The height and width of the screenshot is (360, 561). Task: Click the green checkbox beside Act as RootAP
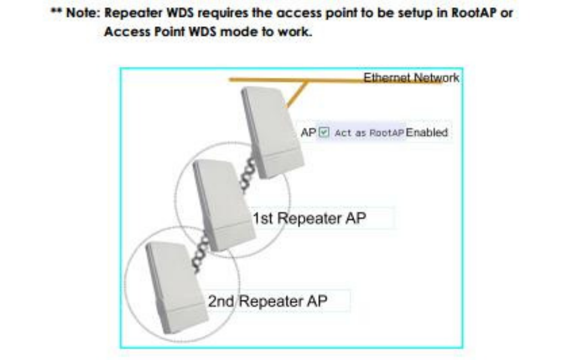coord(324,133)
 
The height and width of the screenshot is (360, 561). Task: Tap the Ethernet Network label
coord(411,78)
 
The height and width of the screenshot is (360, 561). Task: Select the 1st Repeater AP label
coord(309,219)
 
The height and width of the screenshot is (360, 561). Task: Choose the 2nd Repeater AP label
coord(267,301)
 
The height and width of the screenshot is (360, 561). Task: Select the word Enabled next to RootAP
coord(426,133)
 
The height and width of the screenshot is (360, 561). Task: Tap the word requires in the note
coord(219,13)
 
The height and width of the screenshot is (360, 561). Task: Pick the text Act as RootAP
coord(370,133)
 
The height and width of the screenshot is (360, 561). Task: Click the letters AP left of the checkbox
coord(307,133)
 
